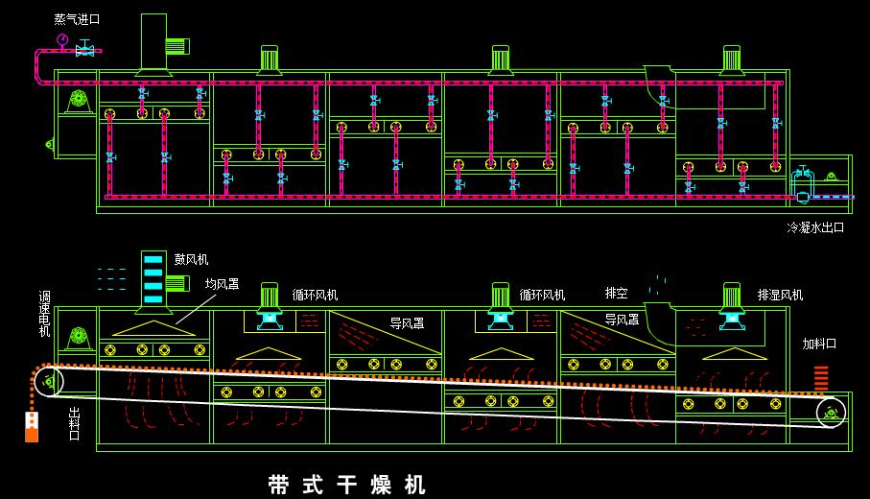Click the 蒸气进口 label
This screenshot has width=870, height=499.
point(77,19)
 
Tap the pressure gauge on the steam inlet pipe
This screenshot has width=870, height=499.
point(62,40)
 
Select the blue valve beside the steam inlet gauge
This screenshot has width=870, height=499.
point(84,50)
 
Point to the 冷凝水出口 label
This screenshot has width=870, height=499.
point(815,227)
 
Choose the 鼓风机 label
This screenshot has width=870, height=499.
point(191,259)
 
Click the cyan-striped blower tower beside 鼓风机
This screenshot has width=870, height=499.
point(153,278)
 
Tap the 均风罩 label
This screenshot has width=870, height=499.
point(223,284)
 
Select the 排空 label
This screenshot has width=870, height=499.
point(616,293)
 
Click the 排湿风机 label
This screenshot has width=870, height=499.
point(780,295)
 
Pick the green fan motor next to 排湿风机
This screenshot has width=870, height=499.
point(732,295)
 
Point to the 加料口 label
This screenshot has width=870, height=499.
point(819,344)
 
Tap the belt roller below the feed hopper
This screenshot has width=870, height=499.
point(830,413)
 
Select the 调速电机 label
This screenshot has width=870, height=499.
point(44,314)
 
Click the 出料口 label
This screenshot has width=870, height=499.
point(75,423)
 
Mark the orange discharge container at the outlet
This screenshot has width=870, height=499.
point(32,427)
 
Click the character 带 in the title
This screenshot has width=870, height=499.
point(280,485)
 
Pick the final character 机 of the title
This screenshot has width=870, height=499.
point(414,485)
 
